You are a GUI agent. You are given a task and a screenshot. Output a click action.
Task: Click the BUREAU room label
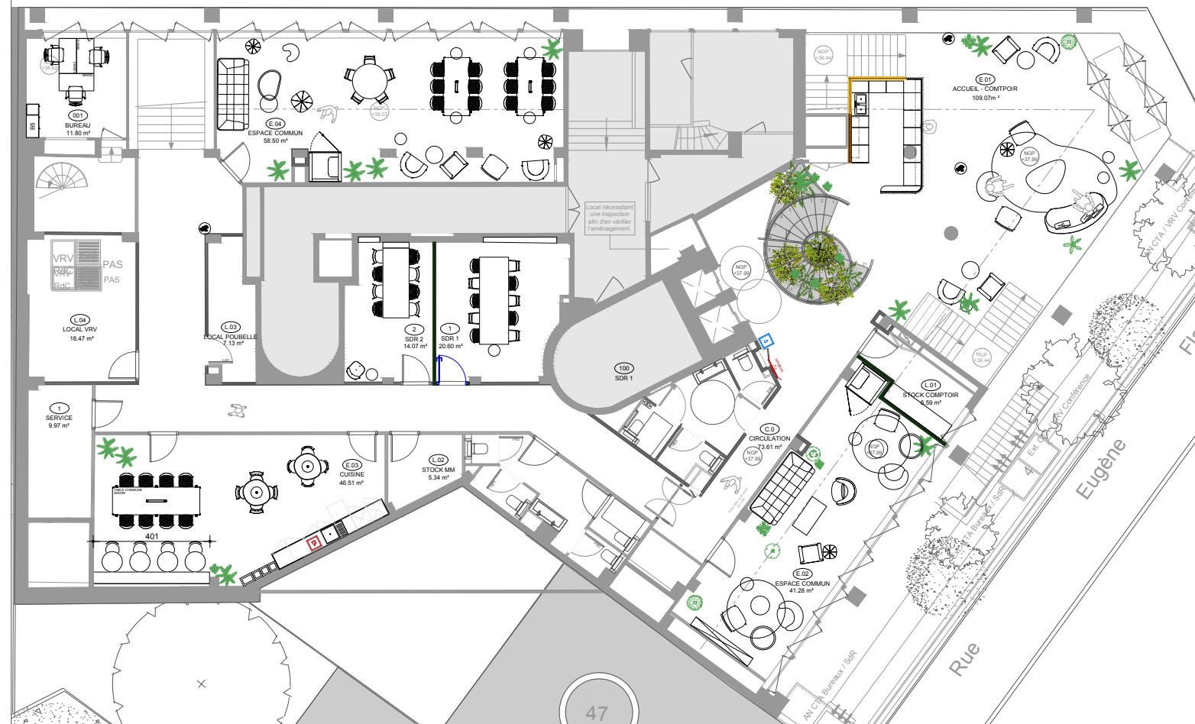tap(77, 125)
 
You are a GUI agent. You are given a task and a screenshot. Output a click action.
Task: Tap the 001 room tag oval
tap(77, 115)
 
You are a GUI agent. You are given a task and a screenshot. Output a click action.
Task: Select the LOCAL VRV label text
tap(79, 330)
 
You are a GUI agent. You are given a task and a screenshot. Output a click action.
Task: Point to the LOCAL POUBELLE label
tap(230, 337)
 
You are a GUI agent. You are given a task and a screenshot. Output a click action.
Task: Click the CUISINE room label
tap(351, 474)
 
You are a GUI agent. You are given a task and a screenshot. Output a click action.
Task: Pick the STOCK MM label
tap(438, 470)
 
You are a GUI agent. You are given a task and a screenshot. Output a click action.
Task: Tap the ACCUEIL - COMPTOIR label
tap(985, 89)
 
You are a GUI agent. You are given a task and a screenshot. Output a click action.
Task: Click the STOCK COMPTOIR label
tap(930, 395)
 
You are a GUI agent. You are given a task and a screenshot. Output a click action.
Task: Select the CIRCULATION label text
tap(769, 438)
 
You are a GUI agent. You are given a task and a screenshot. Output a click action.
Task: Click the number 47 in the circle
tap(597, 713)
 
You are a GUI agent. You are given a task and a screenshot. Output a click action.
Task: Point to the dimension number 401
tap(152, 537)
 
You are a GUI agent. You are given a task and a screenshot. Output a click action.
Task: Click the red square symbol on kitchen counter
tap(313, 542)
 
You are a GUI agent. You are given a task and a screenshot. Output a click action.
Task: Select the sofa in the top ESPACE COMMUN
tap(233, 95)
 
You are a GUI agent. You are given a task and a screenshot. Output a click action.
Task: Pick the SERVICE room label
tap(59, 418)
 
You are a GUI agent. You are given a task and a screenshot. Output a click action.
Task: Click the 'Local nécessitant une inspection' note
tap(609, 218)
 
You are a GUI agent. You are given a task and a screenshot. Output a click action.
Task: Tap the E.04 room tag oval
tap(275, 124)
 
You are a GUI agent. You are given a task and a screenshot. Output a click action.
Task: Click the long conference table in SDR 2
tap(396, 280)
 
